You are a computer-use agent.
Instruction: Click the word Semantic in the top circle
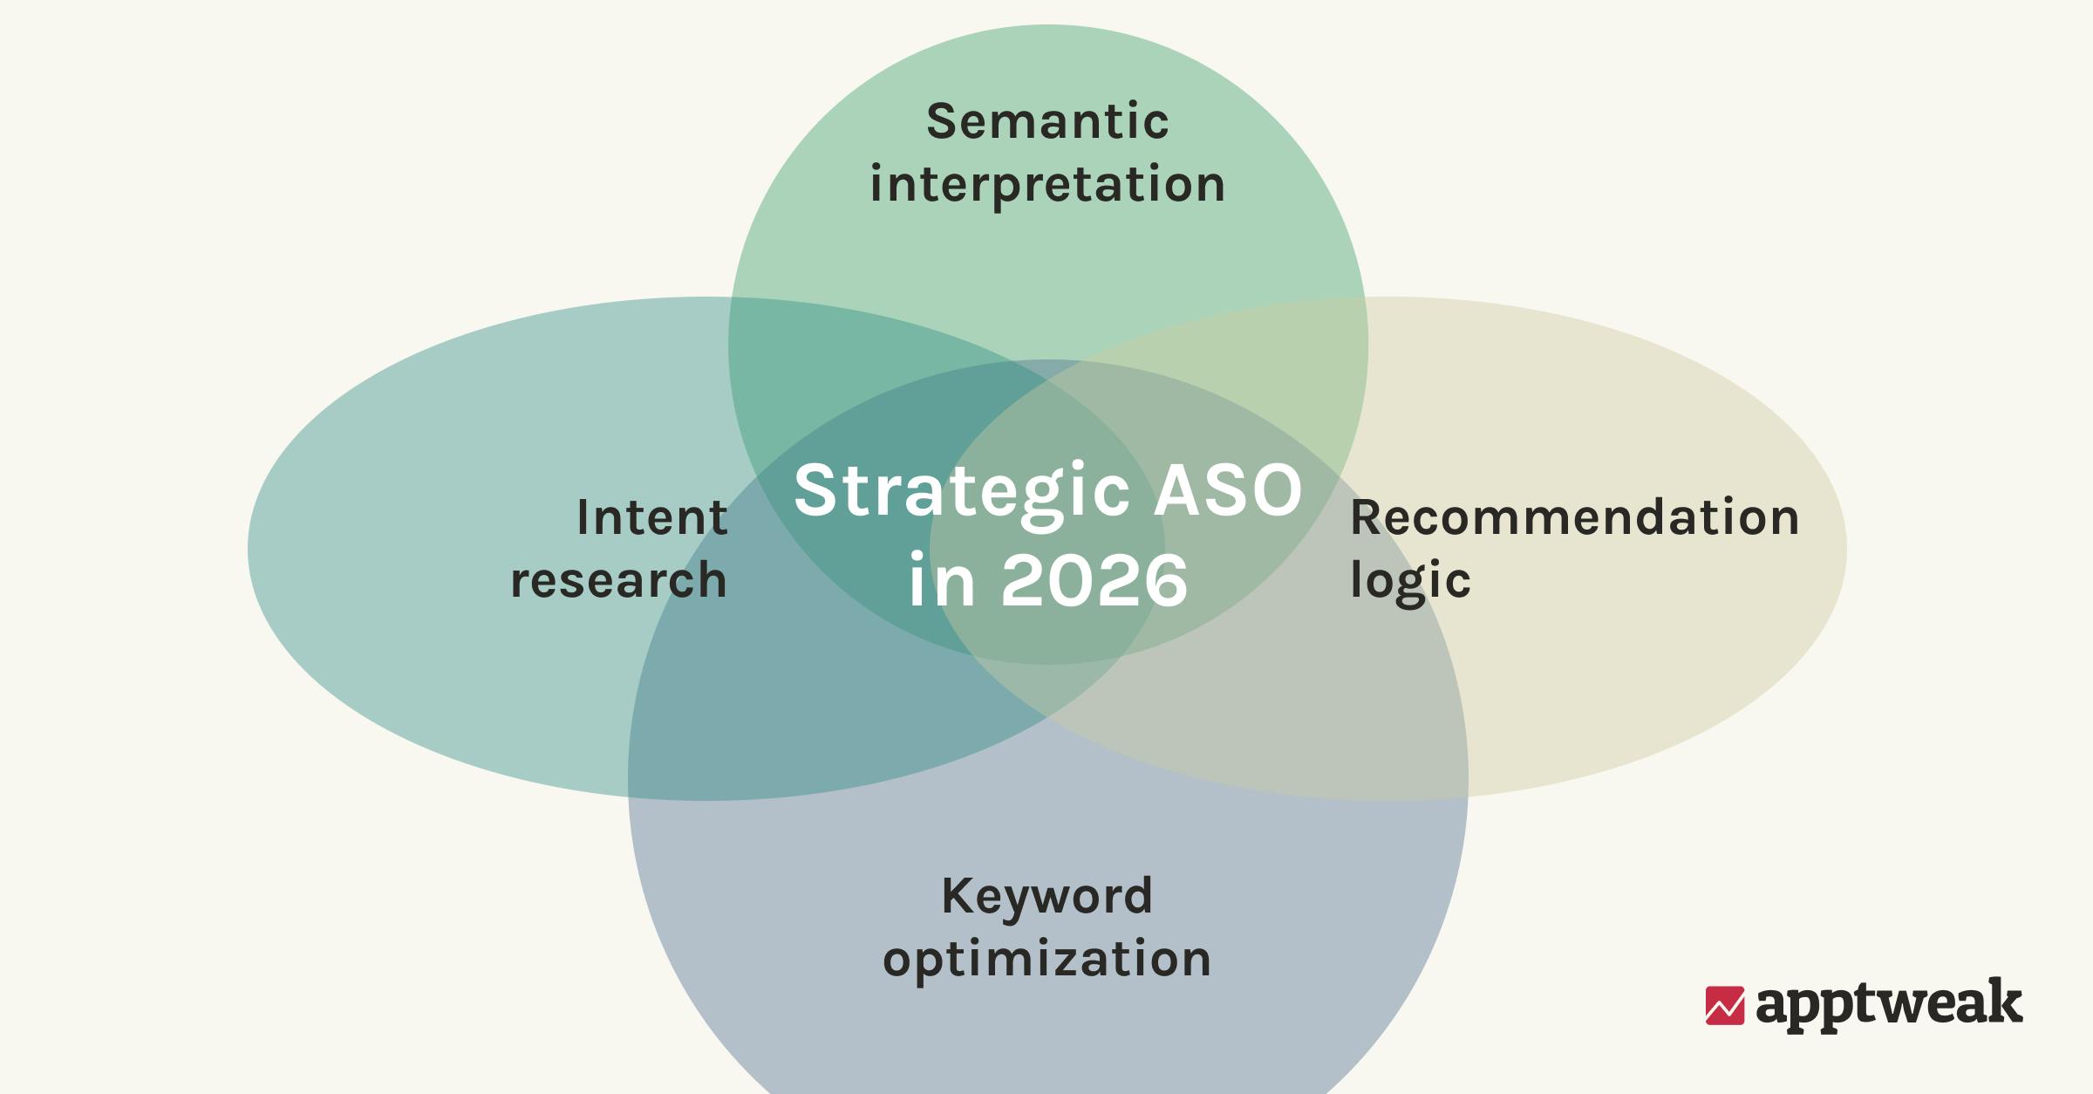[1046, 121]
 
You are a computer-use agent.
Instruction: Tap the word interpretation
[1047, 185]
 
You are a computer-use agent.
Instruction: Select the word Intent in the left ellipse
[651, 517]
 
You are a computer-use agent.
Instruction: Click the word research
[618, 580]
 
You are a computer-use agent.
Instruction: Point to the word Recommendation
[1574, 517]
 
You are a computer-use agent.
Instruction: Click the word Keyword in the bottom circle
[1046, 896]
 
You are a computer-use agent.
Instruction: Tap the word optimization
[1046, 960]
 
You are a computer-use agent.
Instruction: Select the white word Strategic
[962, 491]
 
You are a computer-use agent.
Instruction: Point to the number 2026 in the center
[1094, 581]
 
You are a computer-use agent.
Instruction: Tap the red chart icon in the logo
[1724, 1005]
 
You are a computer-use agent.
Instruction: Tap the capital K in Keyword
[958, 896]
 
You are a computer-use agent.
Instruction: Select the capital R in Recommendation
[1366, 517]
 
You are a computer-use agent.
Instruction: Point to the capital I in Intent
[583, 517]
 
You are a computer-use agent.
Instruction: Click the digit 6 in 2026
[1165, 581]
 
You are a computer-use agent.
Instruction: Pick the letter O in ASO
[1275, 489]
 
